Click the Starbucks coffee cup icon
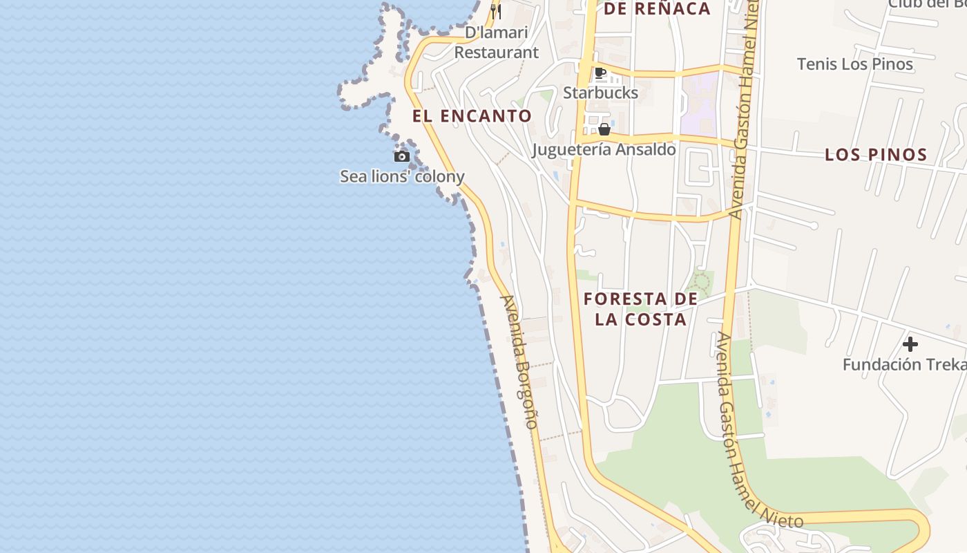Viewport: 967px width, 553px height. pos(600,73)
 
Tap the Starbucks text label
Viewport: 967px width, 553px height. pos(600,92)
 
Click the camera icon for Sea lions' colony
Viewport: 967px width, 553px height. pos(401,156)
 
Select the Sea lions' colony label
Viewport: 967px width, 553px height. pos(401,176)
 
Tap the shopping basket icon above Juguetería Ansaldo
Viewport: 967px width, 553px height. pos(604,129)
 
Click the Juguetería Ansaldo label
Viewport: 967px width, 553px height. pos(604,149)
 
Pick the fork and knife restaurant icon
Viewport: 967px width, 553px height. pos(496,11)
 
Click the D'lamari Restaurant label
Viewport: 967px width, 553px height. pos(496,42)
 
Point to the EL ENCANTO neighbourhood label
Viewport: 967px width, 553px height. pos(472,116)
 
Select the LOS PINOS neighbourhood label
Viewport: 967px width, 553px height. pos(876,155)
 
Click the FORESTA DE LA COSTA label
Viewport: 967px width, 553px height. pos(640,309)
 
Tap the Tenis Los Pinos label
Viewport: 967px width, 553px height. pos(854,64)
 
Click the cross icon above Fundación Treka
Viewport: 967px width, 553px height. pos(910,344)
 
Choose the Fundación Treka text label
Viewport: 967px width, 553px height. pos(903,364)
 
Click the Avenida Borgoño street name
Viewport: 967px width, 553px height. pos(519,362)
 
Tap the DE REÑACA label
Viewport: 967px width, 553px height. pos(657,9)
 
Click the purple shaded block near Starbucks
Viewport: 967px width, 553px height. pos(699,104)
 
